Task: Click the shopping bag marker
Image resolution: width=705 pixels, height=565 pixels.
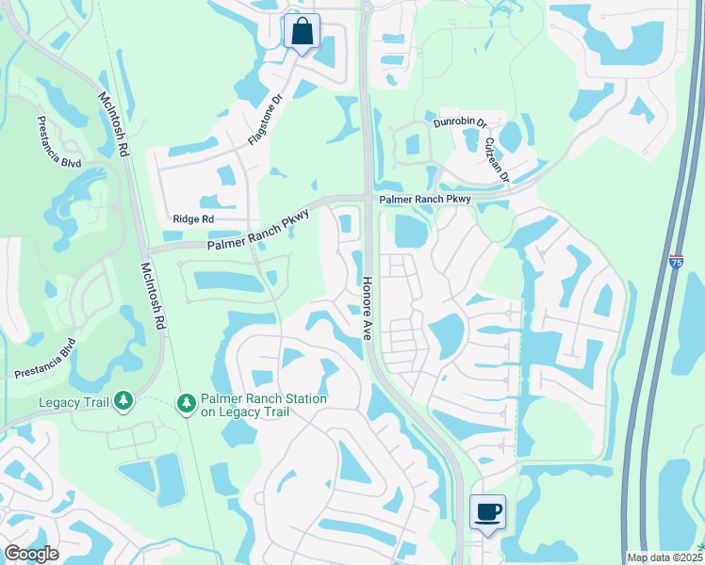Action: click(302, 31)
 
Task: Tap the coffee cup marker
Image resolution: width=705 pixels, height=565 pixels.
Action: click(487, 512)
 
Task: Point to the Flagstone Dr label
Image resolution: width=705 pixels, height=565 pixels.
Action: click(265, 119)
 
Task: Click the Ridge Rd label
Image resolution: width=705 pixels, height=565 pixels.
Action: click(193, 219)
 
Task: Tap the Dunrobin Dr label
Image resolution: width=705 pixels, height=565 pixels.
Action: click(460, 122)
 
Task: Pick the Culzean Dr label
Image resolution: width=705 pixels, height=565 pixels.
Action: click(497, 161)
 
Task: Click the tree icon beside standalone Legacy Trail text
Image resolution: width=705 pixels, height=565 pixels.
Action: click(123, 402)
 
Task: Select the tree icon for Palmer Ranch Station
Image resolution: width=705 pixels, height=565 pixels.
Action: click(187, 403)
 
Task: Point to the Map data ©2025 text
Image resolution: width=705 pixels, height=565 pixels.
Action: click(664, 557)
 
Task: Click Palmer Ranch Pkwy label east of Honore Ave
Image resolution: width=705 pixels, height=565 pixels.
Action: click(424, 201)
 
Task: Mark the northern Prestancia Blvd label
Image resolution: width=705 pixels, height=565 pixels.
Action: click(57, 142)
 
